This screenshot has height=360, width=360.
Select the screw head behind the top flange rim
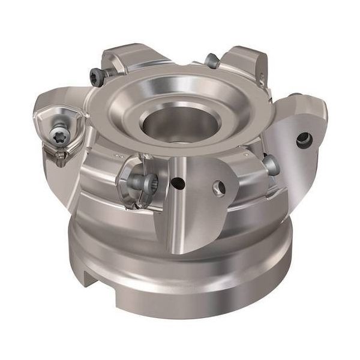[x=211, y=60]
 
